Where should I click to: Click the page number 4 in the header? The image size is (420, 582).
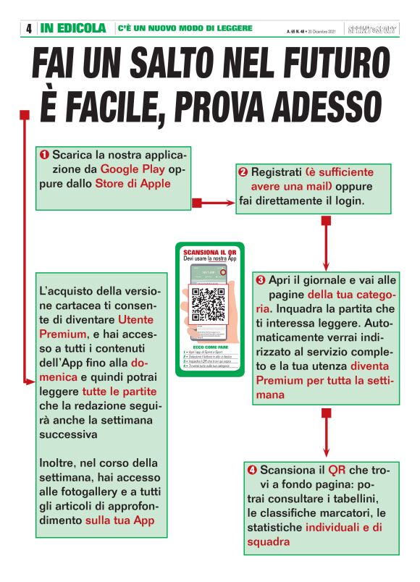point(28,28)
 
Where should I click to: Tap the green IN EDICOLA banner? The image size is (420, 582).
point(73,28)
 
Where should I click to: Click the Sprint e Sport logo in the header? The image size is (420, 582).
point(371,30)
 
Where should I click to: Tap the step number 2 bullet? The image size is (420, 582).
point(243,172)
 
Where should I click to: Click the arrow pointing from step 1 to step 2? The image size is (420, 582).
point(214,203)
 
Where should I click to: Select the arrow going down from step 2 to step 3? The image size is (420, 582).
point(326,242)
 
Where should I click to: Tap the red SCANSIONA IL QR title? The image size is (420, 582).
point(209,252)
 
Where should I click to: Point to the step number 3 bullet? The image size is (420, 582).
point(260,279)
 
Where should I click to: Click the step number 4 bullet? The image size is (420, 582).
point(251,468)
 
